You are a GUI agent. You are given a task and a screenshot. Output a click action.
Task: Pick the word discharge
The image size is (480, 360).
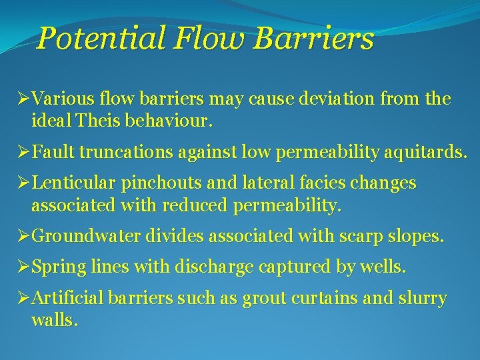214,267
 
